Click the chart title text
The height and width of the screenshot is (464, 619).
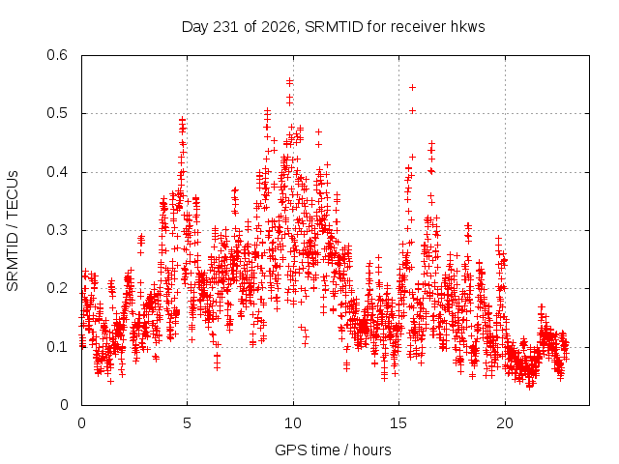click(x=333, y=27)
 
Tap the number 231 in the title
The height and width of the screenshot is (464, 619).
click(x=225, y=27)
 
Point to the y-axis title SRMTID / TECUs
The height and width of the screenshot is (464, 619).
click(x=13, y=231)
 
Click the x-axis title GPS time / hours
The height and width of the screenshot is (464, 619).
click(x=333, y=449)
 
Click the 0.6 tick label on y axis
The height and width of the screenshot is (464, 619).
click(x=57, y=55)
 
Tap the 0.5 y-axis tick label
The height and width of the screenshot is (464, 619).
click(x=57, y=113)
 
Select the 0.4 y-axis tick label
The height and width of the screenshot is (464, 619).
click(x=57, y=172)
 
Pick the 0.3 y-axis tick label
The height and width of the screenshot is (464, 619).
click(x=57, y=230)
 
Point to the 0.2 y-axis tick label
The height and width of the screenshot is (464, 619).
click(x=57, y=288)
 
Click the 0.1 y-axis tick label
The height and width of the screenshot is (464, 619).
click(x=57, y=347)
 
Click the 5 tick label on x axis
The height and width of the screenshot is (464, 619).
click(x=187, y=423)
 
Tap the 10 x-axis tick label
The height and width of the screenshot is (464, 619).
click(x=293, y=423)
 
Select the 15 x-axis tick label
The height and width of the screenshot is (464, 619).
click(x=398, y=423)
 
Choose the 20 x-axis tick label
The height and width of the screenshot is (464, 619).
click(x=505, y=423)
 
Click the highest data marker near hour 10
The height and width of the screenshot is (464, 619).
click(x=290, y=81)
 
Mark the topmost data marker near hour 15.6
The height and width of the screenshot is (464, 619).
click(x=413, y=87)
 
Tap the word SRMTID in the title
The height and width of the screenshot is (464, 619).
click(x=334, y=27)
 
